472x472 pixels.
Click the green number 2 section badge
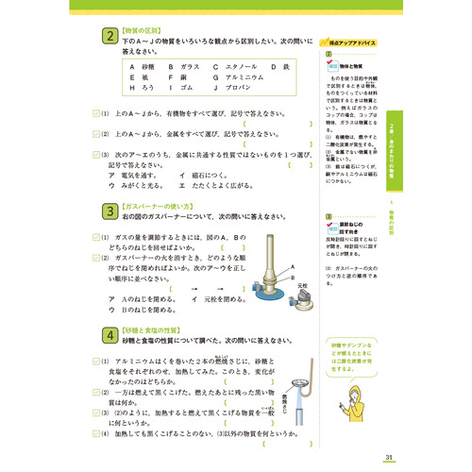(110, 37)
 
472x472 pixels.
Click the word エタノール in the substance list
(235, 68)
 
